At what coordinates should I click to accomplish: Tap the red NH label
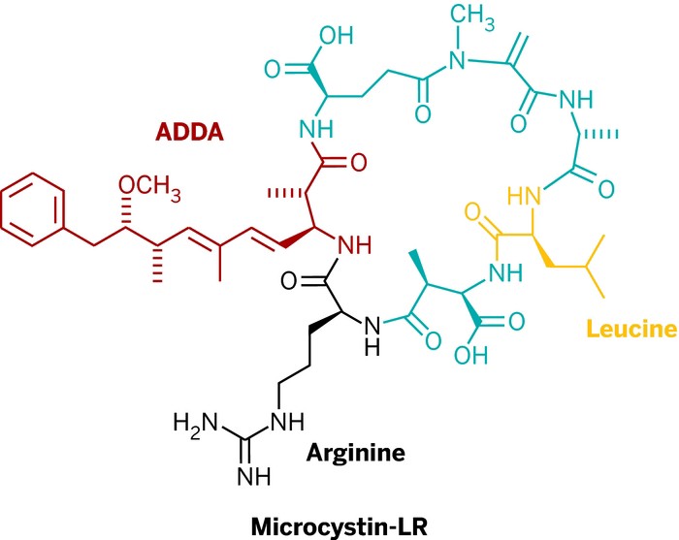[354, 246]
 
